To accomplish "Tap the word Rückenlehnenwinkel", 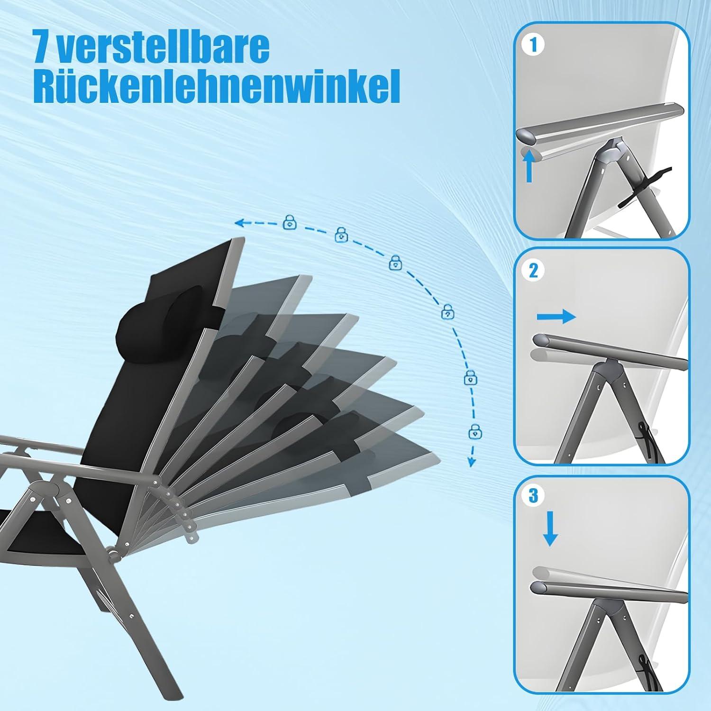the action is point(217,86).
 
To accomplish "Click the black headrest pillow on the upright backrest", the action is point(140,326).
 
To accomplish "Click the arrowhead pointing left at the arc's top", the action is point(241,222).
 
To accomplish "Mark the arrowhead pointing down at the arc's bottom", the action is point(472,461).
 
